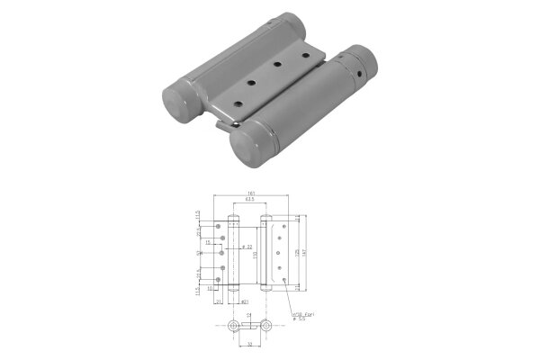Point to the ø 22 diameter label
pyautogui.click(x=246, y=247)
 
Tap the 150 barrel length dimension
pyautogui.click(x=254, y=256)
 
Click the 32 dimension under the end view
pyautogui.click(x=250, y=343)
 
